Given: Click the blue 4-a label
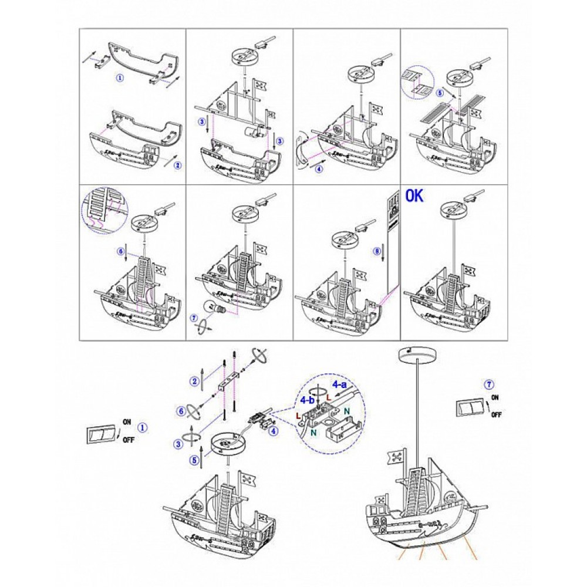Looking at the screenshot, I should tap(340, 384).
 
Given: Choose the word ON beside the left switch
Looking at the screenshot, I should tap(127, 421).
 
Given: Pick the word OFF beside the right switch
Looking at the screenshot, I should tap(496, 414).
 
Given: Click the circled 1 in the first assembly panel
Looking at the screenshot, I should tap(120, 77).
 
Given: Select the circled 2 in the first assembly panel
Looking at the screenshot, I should tap(178, 165).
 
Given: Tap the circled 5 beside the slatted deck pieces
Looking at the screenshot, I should tap(440, 93).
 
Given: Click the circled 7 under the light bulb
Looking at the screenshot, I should tap(194, 318).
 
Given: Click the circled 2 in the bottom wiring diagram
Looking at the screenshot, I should tap(194, 380).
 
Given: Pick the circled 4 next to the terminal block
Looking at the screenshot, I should tap(273, 431).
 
